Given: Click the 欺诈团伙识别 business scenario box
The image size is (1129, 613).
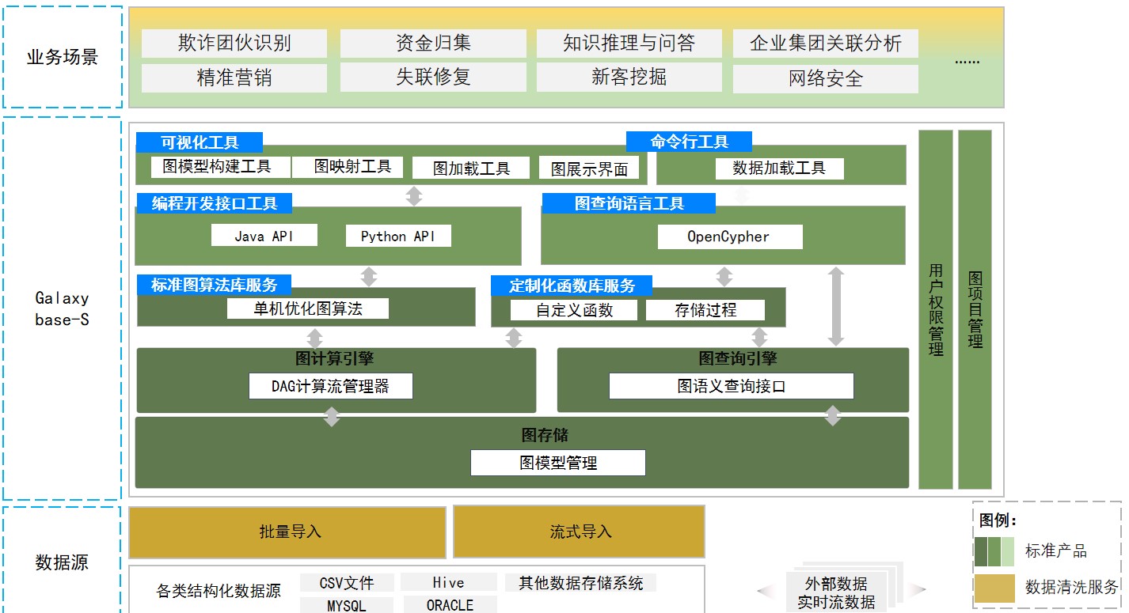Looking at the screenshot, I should tap(234, 43).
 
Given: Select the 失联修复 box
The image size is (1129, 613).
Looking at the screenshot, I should tap(433, 77).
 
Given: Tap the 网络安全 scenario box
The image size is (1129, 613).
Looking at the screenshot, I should tap(825, 78).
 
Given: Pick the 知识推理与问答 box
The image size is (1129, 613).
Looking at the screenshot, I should tap(629, 43).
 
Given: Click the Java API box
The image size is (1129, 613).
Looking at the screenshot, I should tap(264, 236).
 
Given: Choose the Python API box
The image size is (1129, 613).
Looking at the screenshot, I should tap(398, 236).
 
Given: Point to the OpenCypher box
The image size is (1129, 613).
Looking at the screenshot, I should tap(728, 236).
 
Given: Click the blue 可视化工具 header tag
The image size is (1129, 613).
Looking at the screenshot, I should tap(199, 142).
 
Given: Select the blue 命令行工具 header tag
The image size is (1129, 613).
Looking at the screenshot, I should tap(689, 142).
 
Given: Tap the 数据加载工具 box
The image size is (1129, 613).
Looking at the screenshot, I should tap(779, 168).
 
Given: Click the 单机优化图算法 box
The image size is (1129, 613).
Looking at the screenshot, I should tap(308, 308).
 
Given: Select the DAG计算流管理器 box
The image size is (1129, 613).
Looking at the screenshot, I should tap(330, 386).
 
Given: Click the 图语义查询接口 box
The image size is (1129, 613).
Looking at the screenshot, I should tap(731, 386).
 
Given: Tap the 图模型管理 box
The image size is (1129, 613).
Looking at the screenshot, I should tap(558, 463).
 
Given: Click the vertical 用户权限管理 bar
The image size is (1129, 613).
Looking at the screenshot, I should tap(936, 308).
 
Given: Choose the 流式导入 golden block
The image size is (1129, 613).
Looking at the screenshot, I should tap(579, 532).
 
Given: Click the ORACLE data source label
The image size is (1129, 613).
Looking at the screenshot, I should tap(450, 605).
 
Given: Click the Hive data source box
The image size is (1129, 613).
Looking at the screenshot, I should tap(448, 583).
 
